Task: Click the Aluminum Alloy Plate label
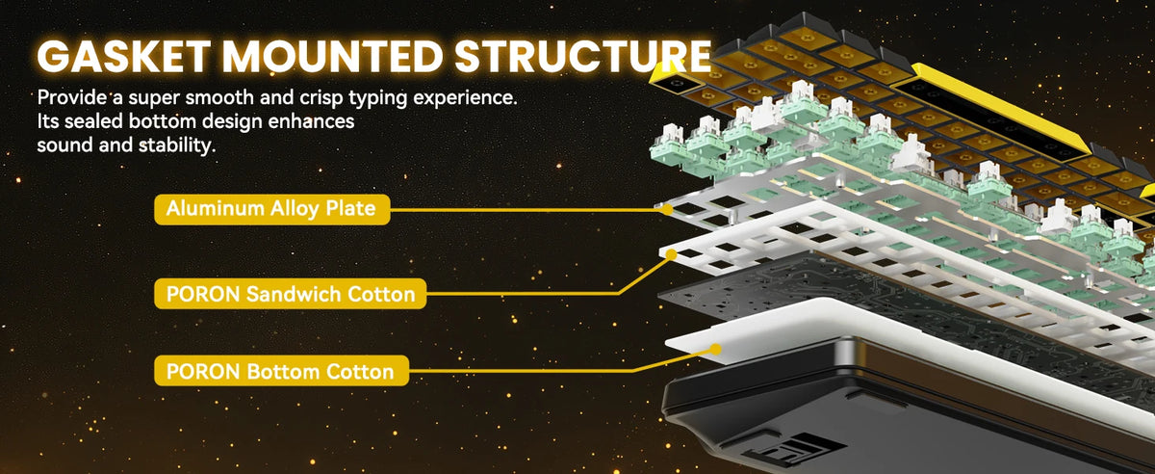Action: pyautogui.click(x=271, y=209)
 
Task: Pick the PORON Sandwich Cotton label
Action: pyautogui.click(x=291, y=294)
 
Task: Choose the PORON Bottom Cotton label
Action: pyautogui.click(x=281, y=371)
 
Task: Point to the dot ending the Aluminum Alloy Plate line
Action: pyautogui.click(x=667, y=210)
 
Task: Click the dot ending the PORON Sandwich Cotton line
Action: pyautogui.click(x=672, y=254)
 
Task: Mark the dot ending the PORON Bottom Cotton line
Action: pyautogui.click(x=715, y=350)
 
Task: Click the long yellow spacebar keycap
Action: pyautogui.click(x=1000, y=109)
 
